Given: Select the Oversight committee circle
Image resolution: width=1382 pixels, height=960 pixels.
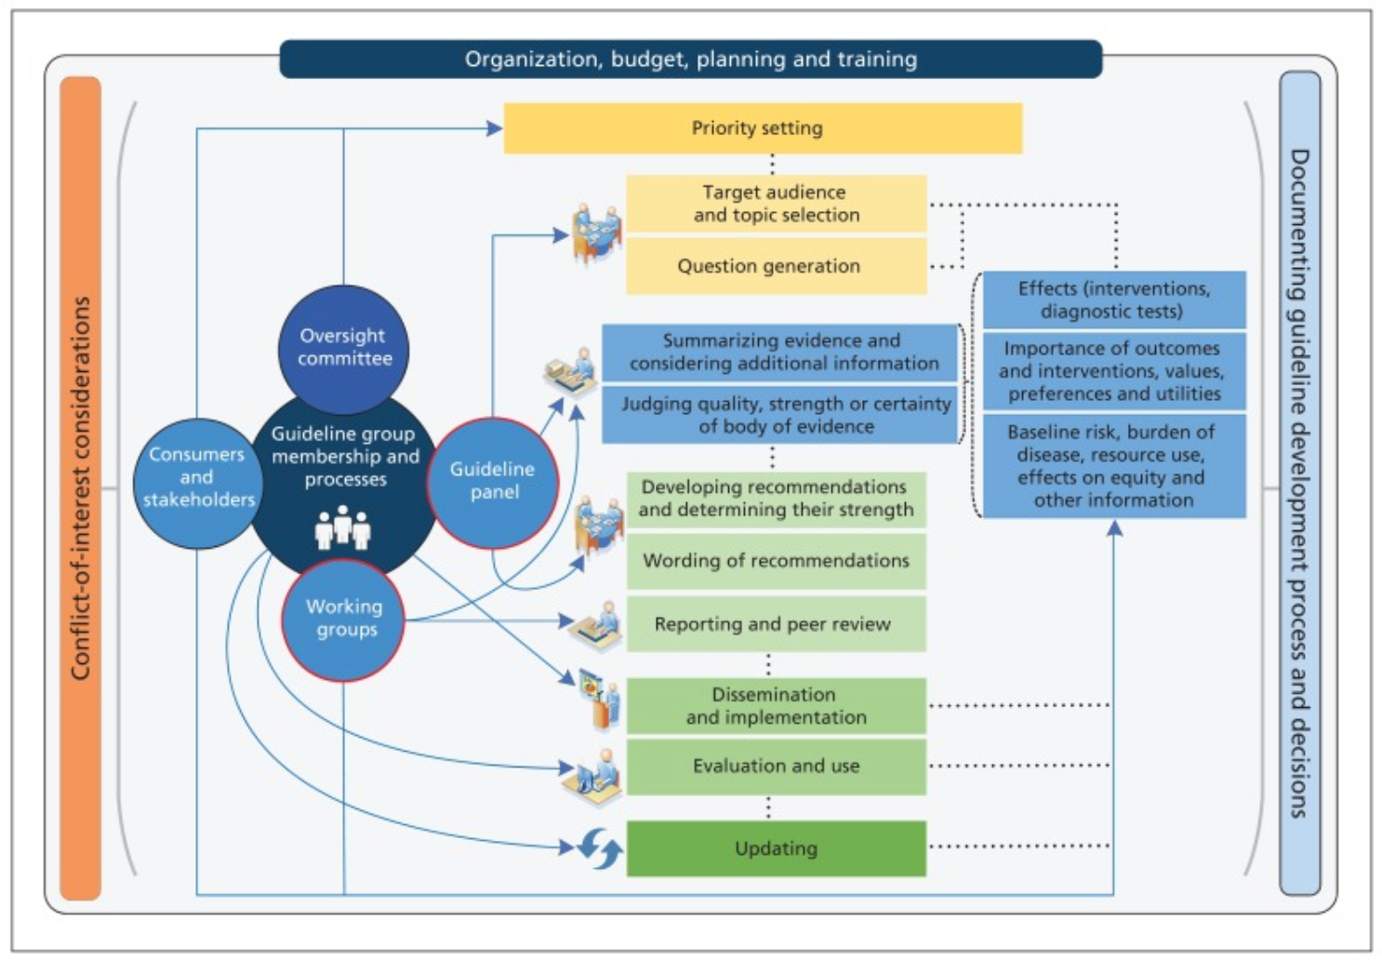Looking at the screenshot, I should click(x=344, y=348).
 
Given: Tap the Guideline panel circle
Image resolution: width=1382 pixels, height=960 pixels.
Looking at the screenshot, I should click(x=493, y=481).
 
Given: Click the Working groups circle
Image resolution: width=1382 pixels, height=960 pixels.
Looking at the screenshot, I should click(x=344, y=619).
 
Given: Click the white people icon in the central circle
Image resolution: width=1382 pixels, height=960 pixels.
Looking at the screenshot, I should click(x=342, y=528).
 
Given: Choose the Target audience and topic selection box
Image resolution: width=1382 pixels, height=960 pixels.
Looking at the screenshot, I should click(x=776, y=204).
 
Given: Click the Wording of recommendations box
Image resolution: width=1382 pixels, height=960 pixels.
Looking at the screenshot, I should click(x=776, y=561).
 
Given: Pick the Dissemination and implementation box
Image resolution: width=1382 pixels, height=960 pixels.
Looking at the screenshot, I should click(x=776, y=706).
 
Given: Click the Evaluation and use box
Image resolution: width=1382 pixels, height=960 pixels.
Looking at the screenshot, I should click(x=776, y=767).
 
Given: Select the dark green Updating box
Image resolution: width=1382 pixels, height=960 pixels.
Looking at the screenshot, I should click(x=776, y=848).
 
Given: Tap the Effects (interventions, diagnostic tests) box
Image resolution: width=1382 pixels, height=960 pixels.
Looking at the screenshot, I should click(x=1113, y=300).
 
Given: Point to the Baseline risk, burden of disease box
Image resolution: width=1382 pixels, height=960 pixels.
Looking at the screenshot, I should click(x=1113, y=466).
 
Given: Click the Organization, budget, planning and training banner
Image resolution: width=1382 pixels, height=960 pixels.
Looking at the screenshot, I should click(x=690, y=60).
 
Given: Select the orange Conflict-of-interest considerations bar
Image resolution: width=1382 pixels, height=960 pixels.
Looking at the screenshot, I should click(x=81, y=487).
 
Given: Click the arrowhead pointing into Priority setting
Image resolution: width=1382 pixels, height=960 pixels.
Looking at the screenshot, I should click(x=495, y=128).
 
